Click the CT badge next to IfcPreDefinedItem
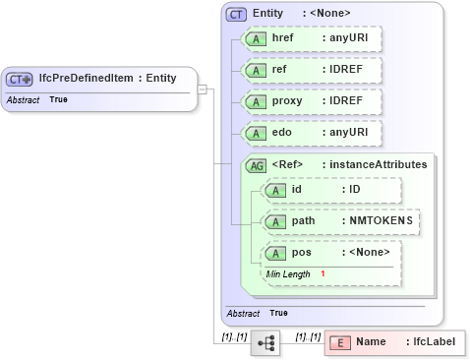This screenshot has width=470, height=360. (20, 79)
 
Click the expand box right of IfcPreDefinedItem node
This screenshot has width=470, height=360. (202, 90)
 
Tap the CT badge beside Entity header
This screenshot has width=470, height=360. (236, 14)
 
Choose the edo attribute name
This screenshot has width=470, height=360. (282, 133)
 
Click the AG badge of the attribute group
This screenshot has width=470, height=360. (256, 165)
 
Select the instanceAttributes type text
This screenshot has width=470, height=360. (379, 165)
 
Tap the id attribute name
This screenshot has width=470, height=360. (297, 189)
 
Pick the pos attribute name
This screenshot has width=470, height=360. (301, 253)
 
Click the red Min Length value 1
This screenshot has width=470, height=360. (323, 273)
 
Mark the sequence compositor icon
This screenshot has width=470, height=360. (265, 342)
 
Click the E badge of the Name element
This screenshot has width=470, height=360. (339, 342)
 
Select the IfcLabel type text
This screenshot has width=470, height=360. (434, 342)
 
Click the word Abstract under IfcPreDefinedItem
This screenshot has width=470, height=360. (21, 100)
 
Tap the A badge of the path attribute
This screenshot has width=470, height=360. (276, 221)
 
